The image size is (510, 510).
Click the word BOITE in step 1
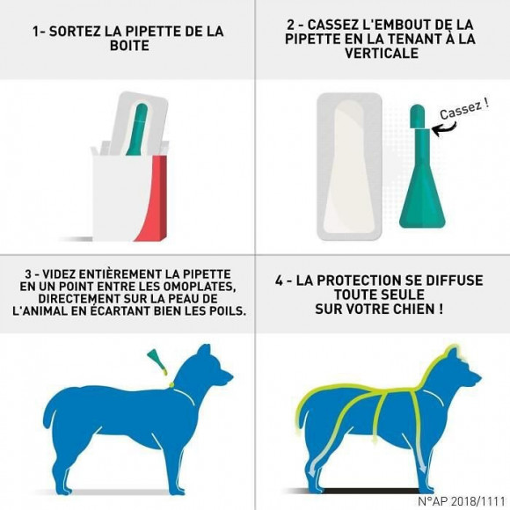127,47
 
